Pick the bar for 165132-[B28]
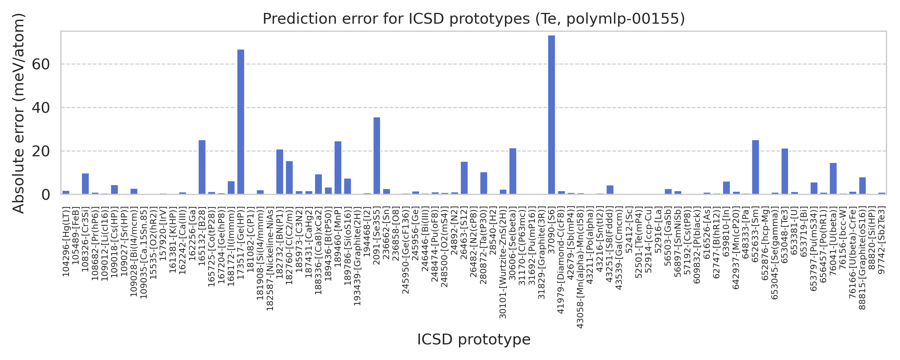(202, 167)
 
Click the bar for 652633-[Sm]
(755, 167)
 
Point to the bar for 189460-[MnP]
(338, 168)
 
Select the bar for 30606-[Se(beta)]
(512, 171)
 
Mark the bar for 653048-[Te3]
(785, 171)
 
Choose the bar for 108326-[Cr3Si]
(85, 184)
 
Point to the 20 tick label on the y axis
(40, 151)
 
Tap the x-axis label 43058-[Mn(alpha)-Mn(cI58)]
(580, 267)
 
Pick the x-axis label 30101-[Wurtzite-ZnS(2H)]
(503, 262)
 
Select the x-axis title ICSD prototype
(474, 339)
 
